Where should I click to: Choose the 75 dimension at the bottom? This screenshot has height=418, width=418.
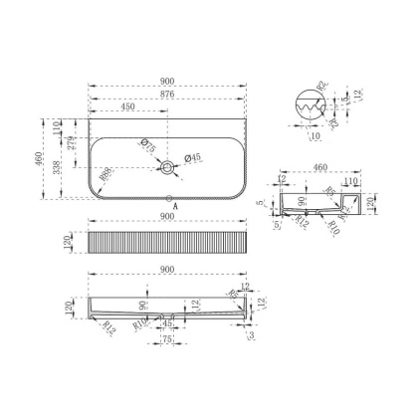(x=169, y=339)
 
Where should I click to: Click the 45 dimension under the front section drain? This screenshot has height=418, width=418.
(x=169, y=322)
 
